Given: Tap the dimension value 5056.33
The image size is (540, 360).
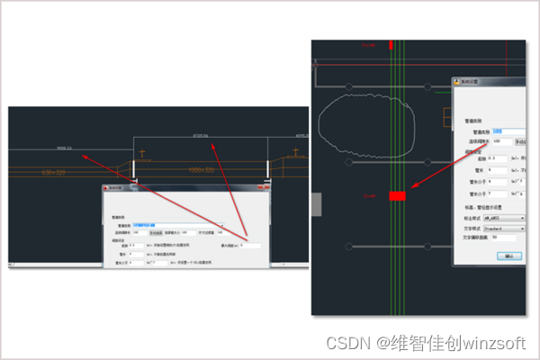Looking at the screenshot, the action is (63, 147).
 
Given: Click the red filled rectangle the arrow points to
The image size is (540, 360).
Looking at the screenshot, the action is (397, 195).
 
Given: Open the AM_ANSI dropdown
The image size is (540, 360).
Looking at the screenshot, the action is (499, 218).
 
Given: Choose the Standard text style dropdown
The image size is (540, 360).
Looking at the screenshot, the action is (499, 228).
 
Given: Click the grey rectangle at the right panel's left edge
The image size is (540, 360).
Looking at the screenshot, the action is (315, 203).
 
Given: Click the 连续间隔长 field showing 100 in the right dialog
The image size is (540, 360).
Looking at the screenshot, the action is (501, 141).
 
